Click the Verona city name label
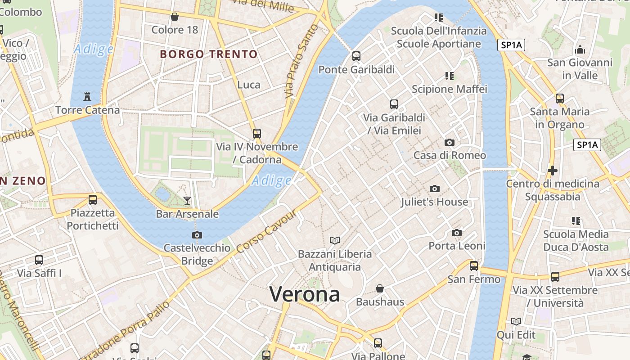pyautogui.click(x=305, y=294)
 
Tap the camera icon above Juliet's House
pyautogui.click(x=434, y=189)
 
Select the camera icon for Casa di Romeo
pyautogui.click(x=449, y=142)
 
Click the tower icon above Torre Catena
pyautogui.click(x=87, y=96)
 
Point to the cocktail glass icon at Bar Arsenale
pyautogui.click(x=187, y=200)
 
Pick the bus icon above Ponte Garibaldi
pyautogui.click(x=356, y=56)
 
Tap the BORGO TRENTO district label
pyautogui.click(x=209, y=54)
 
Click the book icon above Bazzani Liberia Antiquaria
pyautogui.click(x=335, y=240)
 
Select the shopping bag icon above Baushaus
pyautogui.click(x=380, y=288)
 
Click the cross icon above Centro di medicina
pyautogui.click(x=553, y=171)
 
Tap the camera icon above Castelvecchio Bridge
pyautogui.click(x=197, y=235)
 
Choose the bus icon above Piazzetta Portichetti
pyautogui.click(x=93, y=199)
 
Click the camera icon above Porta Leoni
pyautogui.click(x=457, y=233)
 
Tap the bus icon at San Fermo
pyautogui.click(x=474, y=266)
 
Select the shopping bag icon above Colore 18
pyautogui.click(x=175, y=17)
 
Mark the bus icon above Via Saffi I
pyautogui.click(x=39, y=260)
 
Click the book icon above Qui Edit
pyautogui.click(x=516, y=321)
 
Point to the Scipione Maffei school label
pyautogui.click(x=450, y=89)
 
